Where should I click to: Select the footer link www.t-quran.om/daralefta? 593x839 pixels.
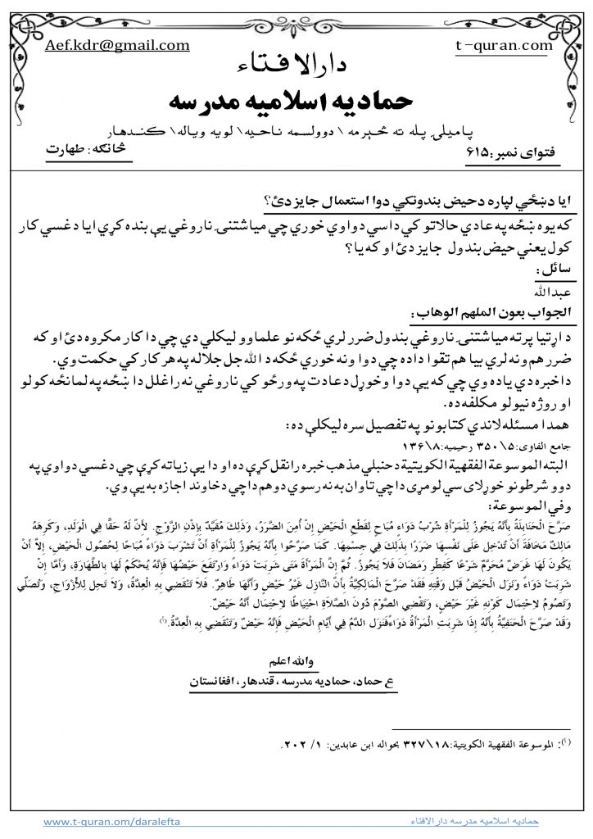(x=111, y=819)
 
